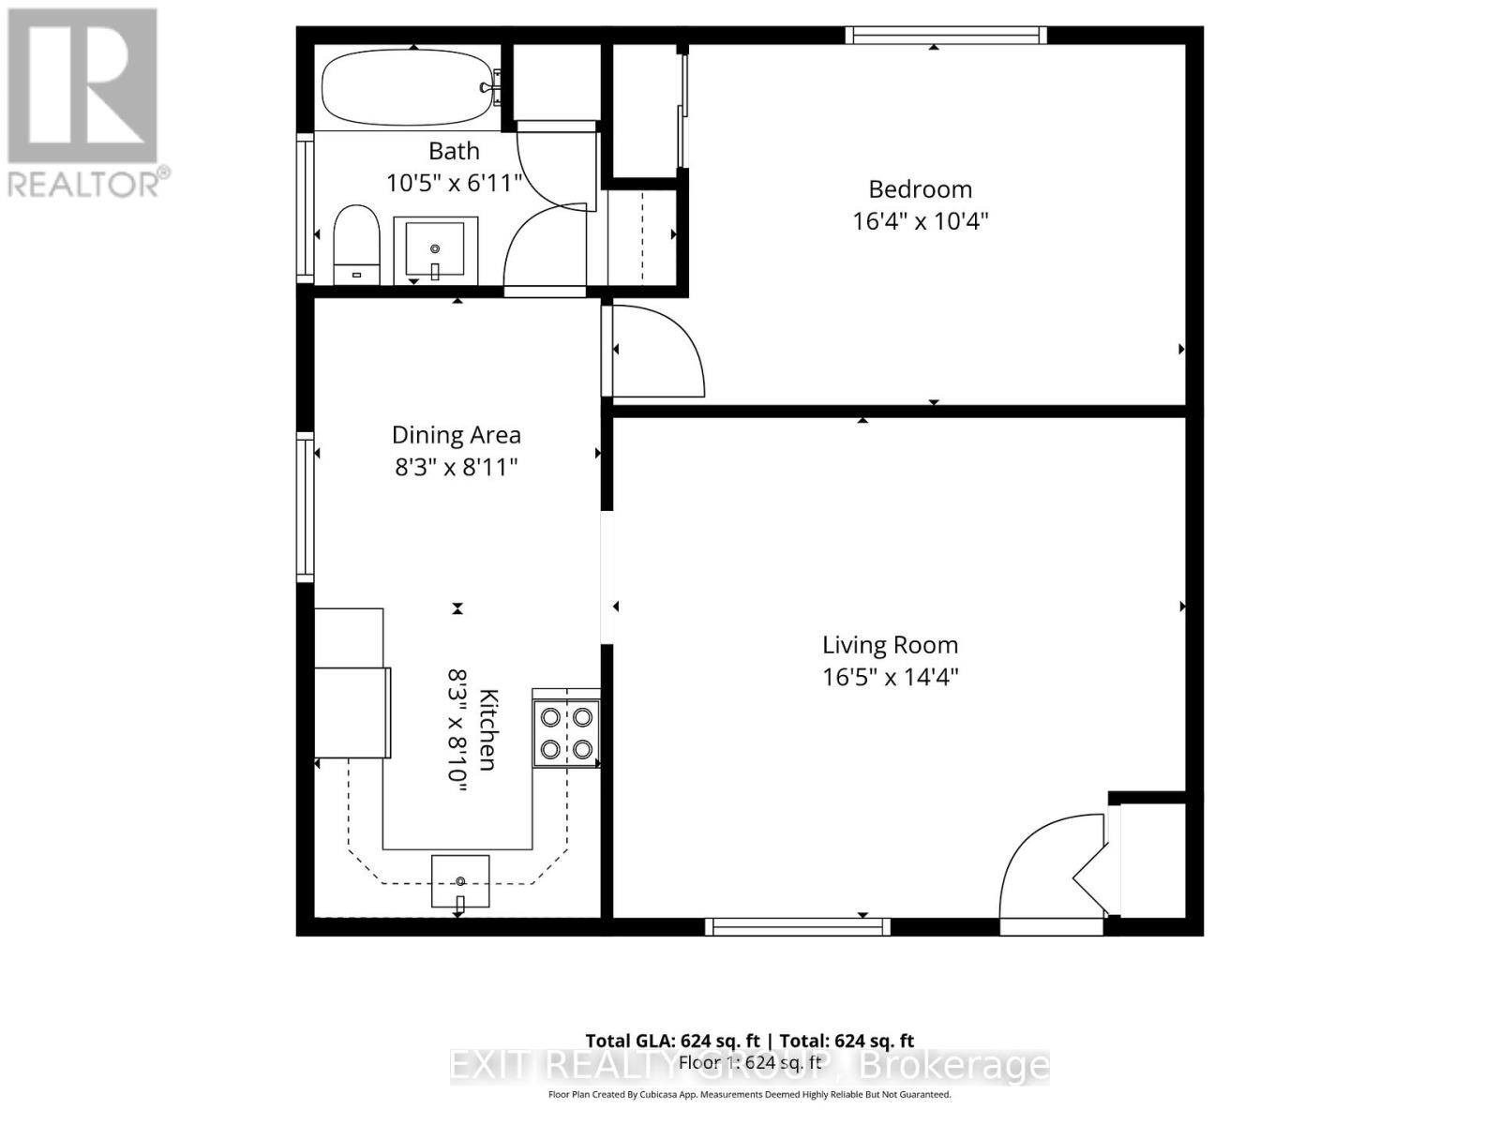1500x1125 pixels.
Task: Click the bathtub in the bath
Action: (404, 88)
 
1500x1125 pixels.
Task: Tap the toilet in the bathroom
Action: (356, 244)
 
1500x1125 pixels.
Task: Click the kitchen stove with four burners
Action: (566, 733)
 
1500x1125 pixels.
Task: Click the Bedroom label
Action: (920, 189)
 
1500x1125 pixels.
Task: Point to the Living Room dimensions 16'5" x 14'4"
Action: (890, 677)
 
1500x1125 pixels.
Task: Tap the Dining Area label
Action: (456, 435)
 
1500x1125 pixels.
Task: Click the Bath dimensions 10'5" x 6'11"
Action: (454, 183)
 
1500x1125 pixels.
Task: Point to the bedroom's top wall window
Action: (945, 36)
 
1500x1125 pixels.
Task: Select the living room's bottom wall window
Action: (797, 927)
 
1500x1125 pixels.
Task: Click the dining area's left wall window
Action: (305, 506)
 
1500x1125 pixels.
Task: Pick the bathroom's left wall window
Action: (305, 207)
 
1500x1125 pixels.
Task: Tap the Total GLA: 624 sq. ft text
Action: (672, 1041)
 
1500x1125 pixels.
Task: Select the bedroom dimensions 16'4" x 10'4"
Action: (920, 221)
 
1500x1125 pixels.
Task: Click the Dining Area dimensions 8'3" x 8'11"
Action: (456, 467)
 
